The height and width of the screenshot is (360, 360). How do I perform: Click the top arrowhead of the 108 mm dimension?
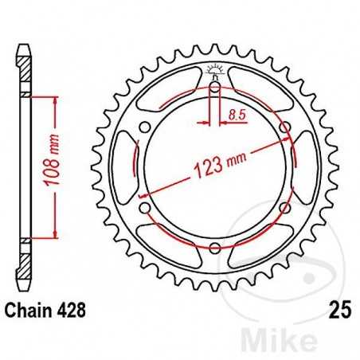(x=55, y=98)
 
